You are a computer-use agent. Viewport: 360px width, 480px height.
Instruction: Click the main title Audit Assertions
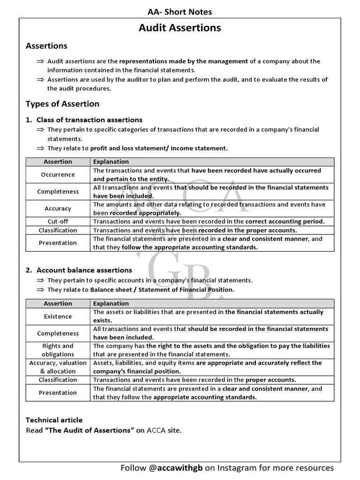pos(180,28)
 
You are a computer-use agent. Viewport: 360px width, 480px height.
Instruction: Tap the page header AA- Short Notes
pos(180,12)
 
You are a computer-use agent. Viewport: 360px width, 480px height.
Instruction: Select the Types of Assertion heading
pos(62,104)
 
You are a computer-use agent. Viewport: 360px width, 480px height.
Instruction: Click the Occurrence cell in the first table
pos(58,174)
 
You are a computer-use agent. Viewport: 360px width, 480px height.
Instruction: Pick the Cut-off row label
pos(58,221)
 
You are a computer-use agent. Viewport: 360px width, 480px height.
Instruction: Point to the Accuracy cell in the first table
pos(58,209)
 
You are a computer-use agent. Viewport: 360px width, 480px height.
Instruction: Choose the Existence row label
pos(58,316)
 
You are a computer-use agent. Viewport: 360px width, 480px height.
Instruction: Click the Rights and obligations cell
pos(58,350)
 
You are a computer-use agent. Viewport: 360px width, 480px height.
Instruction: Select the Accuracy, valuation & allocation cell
pos(58,367)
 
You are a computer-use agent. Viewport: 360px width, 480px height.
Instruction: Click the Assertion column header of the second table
pos(58,304)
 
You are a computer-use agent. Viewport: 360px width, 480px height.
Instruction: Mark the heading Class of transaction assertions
pos(89,120)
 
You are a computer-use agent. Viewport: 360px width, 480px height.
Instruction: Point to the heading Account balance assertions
pos(84,270)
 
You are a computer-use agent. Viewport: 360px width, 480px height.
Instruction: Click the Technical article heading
pos(54,420)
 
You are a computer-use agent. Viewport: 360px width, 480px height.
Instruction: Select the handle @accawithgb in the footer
pos(173,468)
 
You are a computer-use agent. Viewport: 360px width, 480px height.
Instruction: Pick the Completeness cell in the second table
pos(58,333)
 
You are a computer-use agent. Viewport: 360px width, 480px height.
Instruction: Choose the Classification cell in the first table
pos(58,230)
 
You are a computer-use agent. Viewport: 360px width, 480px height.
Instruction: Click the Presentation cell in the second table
pos(58,393)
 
